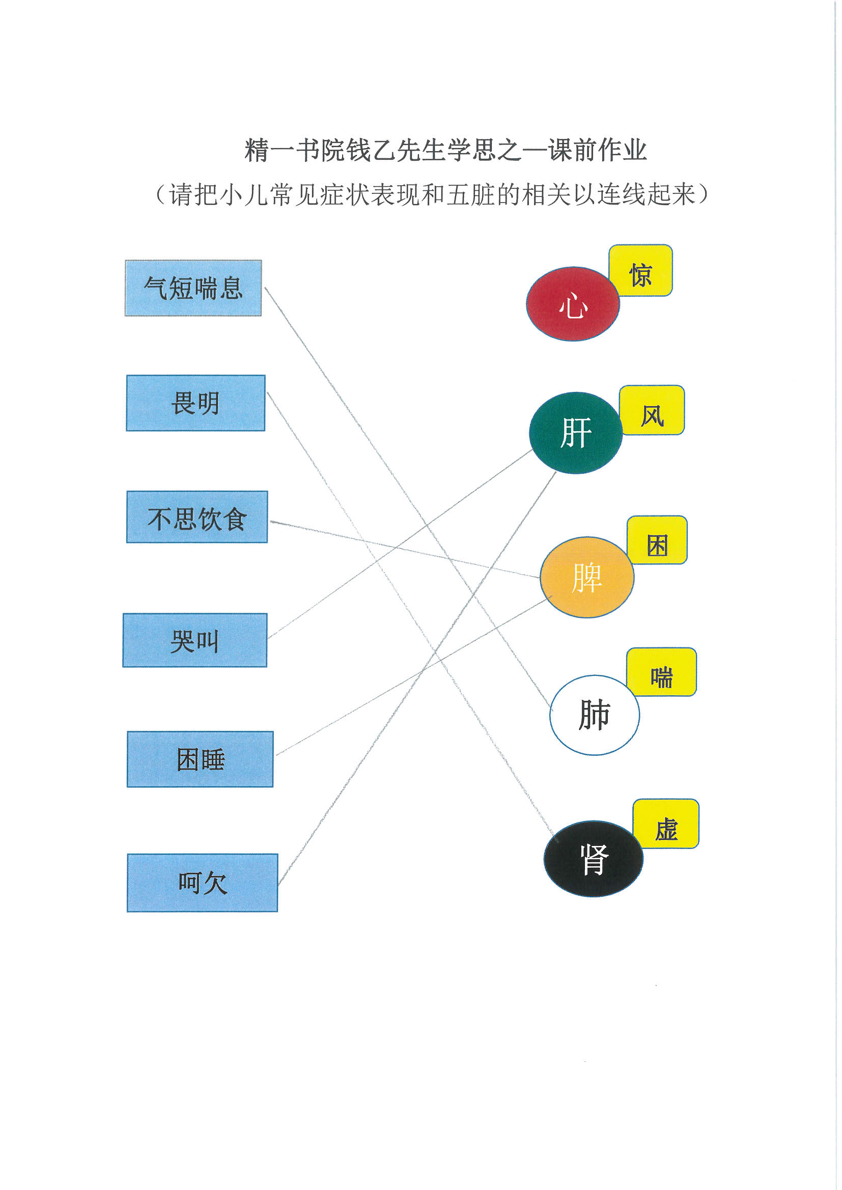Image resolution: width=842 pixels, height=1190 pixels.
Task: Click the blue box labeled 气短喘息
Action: point(193,288)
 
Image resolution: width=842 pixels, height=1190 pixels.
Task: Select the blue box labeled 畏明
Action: point(195,403)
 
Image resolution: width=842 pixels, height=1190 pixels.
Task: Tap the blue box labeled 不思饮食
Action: point(197,517)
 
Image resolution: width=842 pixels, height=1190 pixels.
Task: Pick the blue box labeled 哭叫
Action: point(195,641)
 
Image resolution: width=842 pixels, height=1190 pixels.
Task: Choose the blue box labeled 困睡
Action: point(200,759)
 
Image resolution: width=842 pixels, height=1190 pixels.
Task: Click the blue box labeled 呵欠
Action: point(202,883)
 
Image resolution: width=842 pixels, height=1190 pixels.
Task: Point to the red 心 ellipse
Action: point(573,304)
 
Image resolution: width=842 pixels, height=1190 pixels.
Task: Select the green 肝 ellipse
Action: point(576,433)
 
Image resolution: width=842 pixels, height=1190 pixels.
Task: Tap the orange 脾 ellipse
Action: point(587,577)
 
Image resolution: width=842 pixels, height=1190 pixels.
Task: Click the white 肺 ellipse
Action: point(594,715)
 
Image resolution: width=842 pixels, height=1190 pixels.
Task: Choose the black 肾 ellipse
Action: point(593,859)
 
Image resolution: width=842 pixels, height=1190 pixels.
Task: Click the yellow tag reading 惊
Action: point(641,271)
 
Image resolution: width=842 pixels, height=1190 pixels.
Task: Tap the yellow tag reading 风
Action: point(652,410)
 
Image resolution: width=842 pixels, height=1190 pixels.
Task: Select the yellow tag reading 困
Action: point(657,540)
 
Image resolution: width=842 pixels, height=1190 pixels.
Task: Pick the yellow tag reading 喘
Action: point(662,672)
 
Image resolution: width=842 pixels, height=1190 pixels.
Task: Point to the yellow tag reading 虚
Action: point(666,824)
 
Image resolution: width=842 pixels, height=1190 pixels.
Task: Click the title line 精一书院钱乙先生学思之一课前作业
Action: point(446,150)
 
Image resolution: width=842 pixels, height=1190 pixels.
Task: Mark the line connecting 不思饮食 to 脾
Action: point(405,549)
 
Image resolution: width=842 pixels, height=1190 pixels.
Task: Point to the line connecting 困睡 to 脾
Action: point(414,675)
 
